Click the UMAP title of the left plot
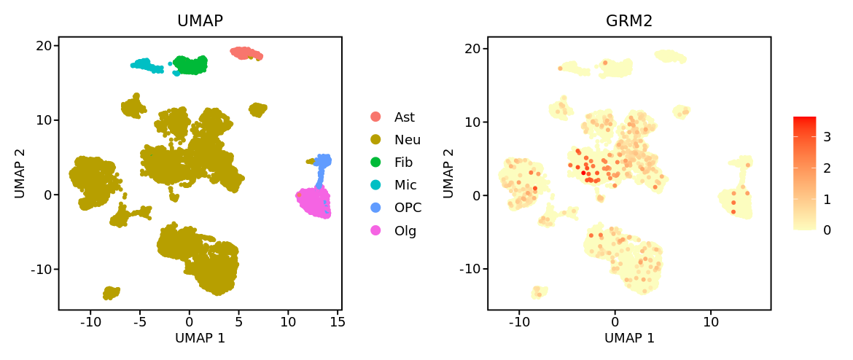(x=200, y=21)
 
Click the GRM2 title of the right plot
(x=629, y=21)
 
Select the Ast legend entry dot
(x=375, y=117)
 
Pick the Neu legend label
(x=407, y=139)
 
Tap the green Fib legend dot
(x=375, y=162)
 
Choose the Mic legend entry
(x=405, y=185)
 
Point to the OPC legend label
(x=408, y=208)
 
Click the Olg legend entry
(x=405, y=231)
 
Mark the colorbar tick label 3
(x=827, y=137)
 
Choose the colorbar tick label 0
(x=827, y=230)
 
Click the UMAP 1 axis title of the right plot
(x=629, y=339)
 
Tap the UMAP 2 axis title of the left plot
(x=20, y=173)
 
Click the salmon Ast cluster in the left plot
(x=246, y=53)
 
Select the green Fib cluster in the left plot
(x=190, y=65)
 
